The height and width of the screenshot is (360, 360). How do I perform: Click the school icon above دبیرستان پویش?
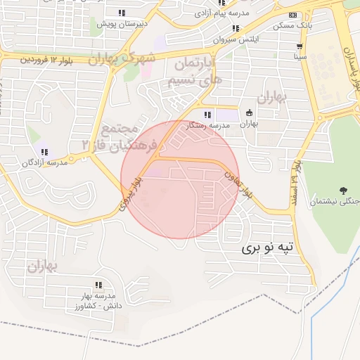point(122,13)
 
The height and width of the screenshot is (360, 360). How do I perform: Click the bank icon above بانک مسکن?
point(293,15)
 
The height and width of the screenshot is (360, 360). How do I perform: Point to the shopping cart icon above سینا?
point(300,44)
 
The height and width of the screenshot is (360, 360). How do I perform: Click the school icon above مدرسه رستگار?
point(207,115)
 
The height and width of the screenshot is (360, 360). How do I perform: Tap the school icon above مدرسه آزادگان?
point(44,152)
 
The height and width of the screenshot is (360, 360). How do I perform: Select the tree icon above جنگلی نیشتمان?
point(343,190)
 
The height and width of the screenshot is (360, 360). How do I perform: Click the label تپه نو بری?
point(270,248)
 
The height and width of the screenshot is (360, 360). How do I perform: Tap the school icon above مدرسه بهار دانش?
point(98,285)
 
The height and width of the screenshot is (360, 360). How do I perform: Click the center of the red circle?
point(179,179)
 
